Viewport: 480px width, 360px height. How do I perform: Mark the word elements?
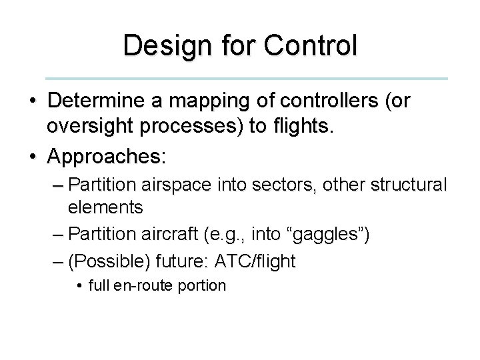point(105,207)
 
